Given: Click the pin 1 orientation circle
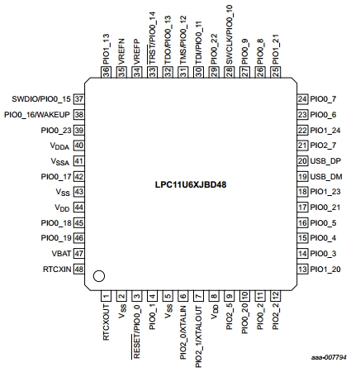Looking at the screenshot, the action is point(99,276).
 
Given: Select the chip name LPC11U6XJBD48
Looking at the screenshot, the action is point(191,184).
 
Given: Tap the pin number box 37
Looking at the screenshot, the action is point(78,99).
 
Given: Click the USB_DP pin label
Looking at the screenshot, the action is point(325,161).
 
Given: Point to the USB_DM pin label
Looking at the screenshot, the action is point(326,176).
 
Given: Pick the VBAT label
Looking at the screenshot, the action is point(61,254).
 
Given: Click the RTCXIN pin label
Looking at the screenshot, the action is point(57,269).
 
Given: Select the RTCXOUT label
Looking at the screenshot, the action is point(107,322).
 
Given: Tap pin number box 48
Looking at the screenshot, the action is point(78,269).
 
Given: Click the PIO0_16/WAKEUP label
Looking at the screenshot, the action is point(37,115).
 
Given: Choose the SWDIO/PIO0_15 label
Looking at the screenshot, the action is point(41,99).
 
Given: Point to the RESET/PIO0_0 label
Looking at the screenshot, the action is point(136,332).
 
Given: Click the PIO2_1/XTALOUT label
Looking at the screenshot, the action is point(198,336).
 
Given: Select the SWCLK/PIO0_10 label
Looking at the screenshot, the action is point(230,35).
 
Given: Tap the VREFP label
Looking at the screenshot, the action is point(137,51).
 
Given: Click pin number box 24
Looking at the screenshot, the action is point(302,99).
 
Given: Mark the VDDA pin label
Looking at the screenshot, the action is point(59,146).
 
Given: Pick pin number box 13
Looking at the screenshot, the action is point(302,269).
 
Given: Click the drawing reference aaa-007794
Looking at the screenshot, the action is point(329,357).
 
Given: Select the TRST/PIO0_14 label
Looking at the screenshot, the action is point(152,38).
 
